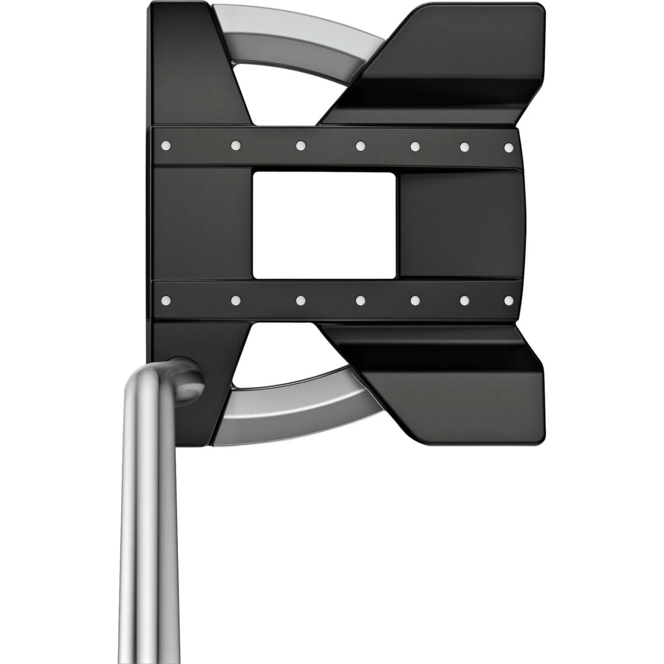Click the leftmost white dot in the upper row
(x=167, y=146)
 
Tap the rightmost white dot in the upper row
(x=509, y=148)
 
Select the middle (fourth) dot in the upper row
(x=360, y=146)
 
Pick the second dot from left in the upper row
(x=235, y=146)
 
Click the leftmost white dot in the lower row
(x=167, y=299)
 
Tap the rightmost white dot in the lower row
(x=509, y=300)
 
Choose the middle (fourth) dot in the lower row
(x=360, y=300)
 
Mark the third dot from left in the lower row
(x=300, y=300)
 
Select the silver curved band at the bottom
(x=301, y=410)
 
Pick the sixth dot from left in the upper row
(x=464, y=147)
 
